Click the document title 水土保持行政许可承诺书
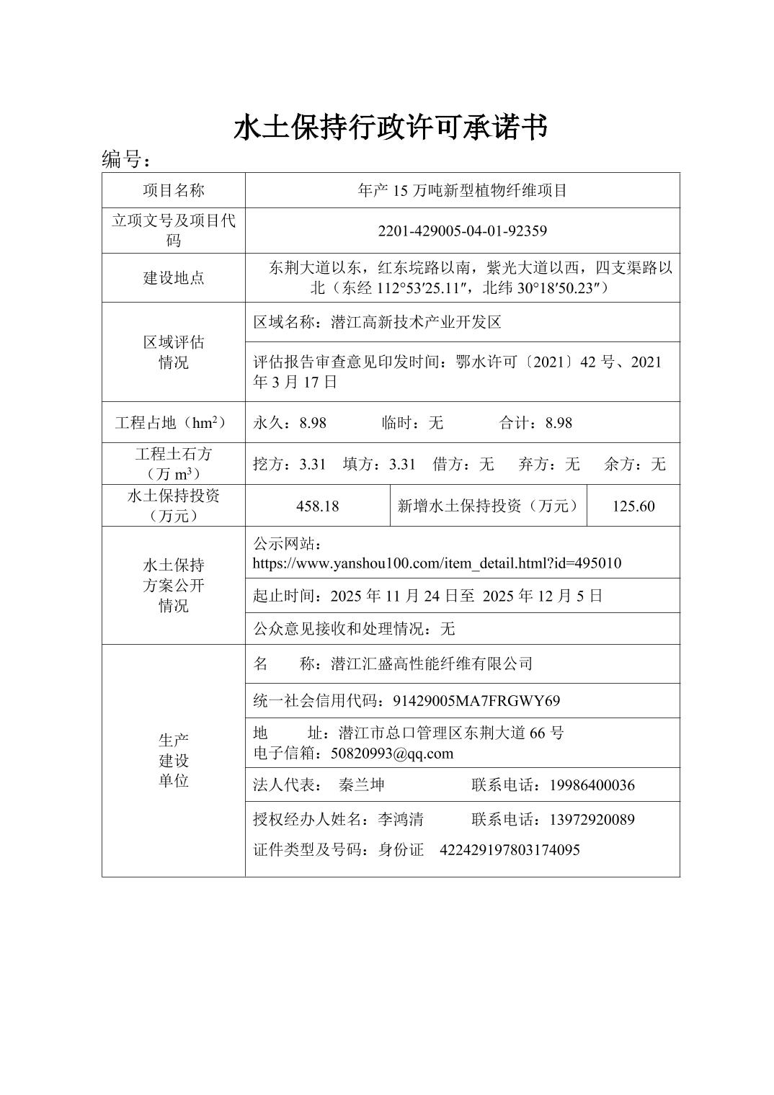[x=390, y=128]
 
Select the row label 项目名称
[x=173, y=190]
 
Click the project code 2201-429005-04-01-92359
[x=462, y=231]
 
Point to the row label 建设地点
[x=173, y=278]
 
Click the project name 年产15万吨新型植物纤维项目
[x=462, y=190]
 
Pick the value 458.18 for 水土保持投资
[x=317, y=506]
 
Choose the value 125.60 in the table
[x=633, y=506]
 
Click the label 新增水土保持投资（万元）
[x=488, y=506]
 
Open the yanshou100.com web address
[x=437, y=563]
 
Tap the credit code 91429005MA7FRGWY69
[x=476, y=701]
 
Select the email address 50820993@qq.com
[x=391, y=754]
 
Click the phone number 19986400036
[x=592, y=785]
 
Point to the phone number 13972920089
[x=592, y=820]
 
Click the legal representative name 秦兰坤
[x=362, y=785]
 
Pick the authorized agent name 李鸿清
[x=401, y=820]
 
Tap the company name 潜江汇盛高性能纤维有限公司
[x=431, y=663]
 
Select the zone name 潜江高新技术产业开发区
[x=416, y=322]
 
